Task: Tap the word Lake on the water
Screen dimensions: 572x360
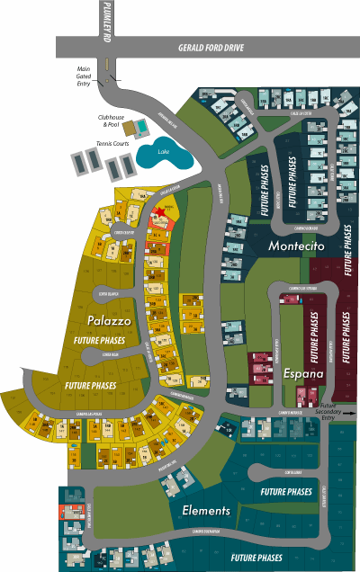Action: (163, 152)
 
